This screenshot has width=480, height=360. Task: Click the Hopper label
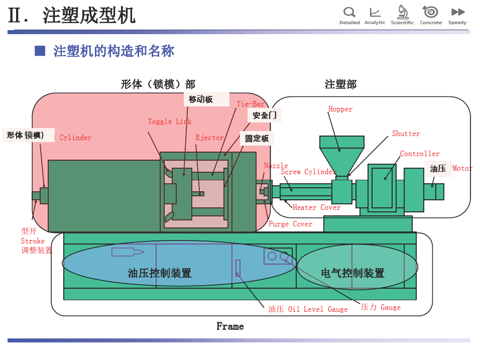point(340,109)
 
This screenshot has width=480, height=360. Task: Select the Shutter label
point(406,134)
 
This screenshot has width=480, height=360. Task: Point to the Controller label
point(420,154)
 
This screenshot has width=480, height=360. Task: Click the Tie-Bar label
point(251,104)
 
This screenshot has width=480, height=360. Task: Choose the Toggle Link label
point(170,122)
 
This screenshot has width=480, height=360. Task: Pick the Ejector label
point(209,138)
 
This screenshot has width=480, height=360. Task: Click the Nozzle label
point(276,166)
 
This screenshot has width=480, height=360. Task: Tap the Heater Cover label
point(316,207)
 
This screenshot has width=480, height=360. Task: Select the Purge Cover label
point(290,224)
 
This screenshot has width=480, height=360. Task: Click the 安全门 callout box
point(265,115)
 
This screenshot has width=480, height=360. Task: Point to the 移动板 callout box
point(201,99)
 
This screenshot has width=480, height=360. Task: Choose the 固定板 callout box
point(257,138)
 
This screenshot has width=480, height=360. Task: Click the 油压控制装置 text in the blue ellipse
point(160,273)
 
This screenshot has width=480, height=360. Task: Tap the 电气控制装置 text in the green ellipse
point(352,273)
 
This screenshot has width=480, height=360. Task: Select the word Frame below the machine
point(230,326)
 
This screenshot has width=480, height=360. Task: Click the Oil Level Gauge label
point(308,309)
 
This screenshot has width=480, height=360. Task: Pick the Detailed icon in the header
point(349,15)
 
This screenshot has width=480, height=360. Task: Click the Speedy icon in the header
point(457,15)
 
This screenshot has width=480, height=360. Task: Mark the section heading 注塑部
point(340,84)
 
